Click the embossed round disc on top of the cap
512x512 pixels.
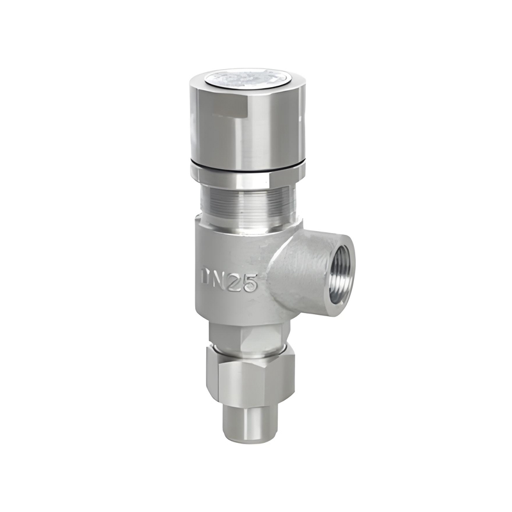tap(247, 78)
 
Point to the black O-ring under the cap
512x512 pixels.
tap(247, 168)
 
